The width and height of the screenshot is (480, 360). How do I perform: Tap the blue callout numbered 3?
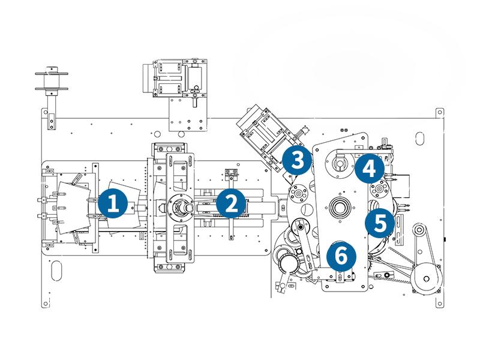tap(296, 160)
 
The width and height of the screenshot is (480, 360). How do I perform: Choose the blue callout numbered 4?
tap(368, 169)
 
